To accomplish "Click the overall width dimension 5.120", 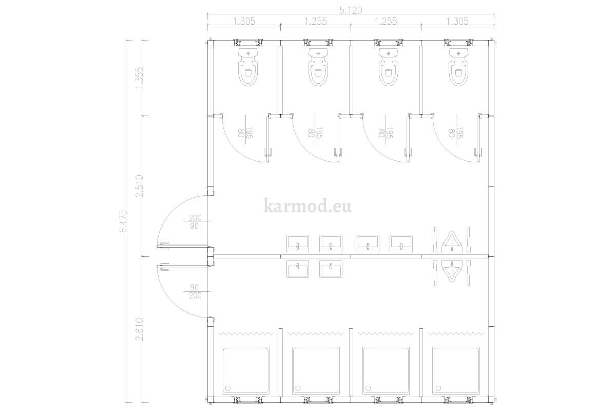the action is click(351, 10).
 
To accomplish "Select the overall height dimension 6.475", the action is click(124, 221).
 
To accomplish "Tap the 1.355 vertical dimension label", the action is click(140, 78).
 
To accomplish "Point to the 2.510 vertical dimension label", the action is click(140, 186).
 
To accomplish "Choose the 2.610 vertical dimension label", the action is click(140, 329).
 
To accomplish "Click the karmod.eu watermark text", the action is click(307, 206).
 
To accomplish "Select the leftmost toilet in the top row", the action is click(248, 67).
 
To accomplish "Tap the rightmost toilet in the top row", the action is click(458, 67).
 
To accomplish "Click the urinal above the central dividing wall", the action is click(452, 241).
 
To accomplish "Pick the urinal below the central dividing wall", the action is click(452, 271).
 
